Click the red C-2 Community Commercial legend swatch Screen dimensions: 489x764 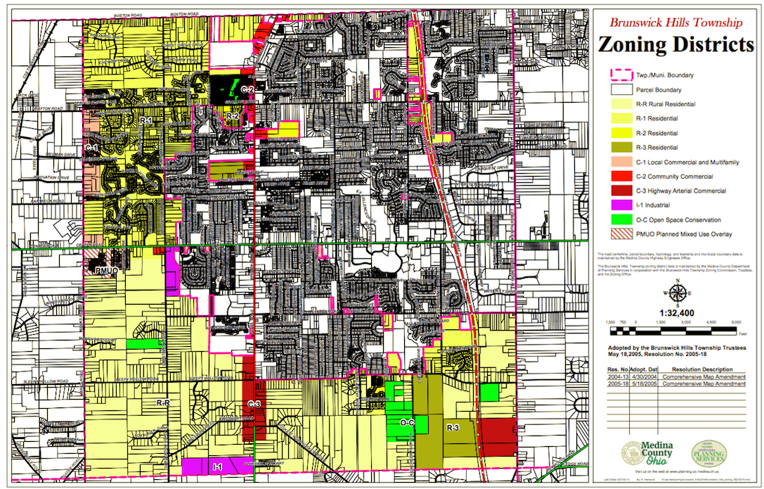click(621, 176)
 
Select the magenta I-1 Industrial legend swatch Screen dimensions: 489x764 click(621, 205)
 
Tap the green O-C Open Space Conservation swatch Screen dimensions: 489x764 click(621, 220)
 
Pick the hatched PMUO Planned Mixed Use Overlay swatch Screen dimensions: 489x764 click(621, 234)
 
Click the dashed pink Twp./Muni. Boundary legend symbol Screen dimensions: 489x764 click(621, 75)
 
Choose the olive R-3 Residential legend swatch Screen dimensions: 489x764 click(621, 147)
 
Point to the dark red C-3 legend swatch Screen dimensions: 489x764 click(621, 191)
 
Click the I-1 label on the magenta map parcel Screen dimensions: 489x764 click(217, 466)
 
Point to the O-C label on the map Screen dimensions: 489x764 click(407, 423)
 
